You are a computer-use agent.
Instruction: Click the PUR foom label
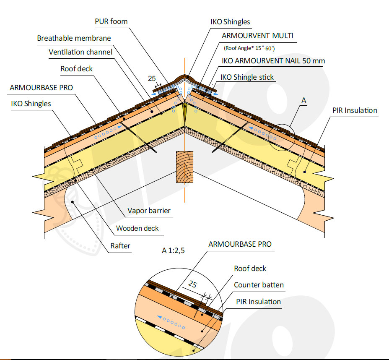(111, 21)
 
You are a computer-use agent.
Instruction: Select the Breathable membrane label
(74, 38)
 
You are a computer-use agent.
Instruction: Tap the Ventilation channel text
(80, 52)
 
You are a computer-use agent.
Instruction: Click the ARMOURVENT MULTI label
(257, 36)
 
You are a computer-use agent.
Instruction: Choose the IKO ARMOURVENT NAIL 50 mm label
(273, 61)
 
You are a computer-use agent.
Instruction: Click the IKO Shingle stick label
(247, 77)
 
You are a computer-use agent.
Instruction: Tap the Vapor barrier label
(150, 211)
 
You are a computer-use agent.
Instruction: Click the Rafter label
(120, 246)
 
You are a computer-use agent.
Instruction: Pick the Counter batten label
(259, 285)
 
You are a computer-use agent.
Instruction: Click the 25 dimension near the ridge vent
(151, 78)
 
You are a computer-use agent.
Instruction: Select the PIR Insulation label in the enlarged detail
(258, 302)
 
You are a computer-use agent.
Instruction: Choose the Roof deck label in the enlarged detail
(250, 269)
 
